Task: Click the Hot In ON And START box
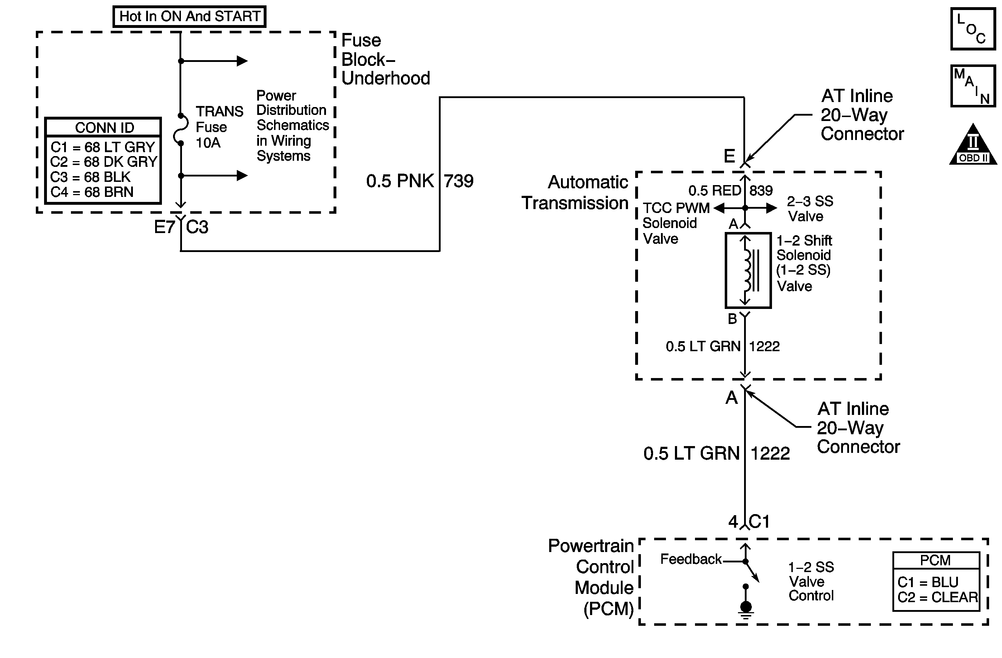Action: coord(190,16)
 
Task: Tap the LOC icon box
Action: coord(973,29)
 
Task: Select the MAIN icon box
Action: coord(973,86)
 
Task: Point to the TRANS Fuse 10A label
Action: coord(219,127)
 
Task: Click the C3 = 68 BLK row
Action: coord(91,177)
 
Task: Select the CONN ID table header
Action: coord(104,127)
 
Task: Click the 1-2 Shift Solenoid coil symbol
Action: coord(748,270)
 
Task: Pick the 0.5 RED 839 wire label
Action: coord(730,190)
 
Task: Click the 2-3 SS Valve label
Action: coord(809,209)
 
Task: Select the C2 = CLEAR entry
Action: coord(937,597)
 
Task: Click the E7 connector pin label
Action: coord(164,227)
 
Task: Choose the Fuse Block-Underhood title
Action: coord(385,59)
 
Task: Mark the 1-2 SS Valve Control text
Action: coord(811,581)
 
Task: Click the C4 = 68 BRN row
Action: coord(92,192)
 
